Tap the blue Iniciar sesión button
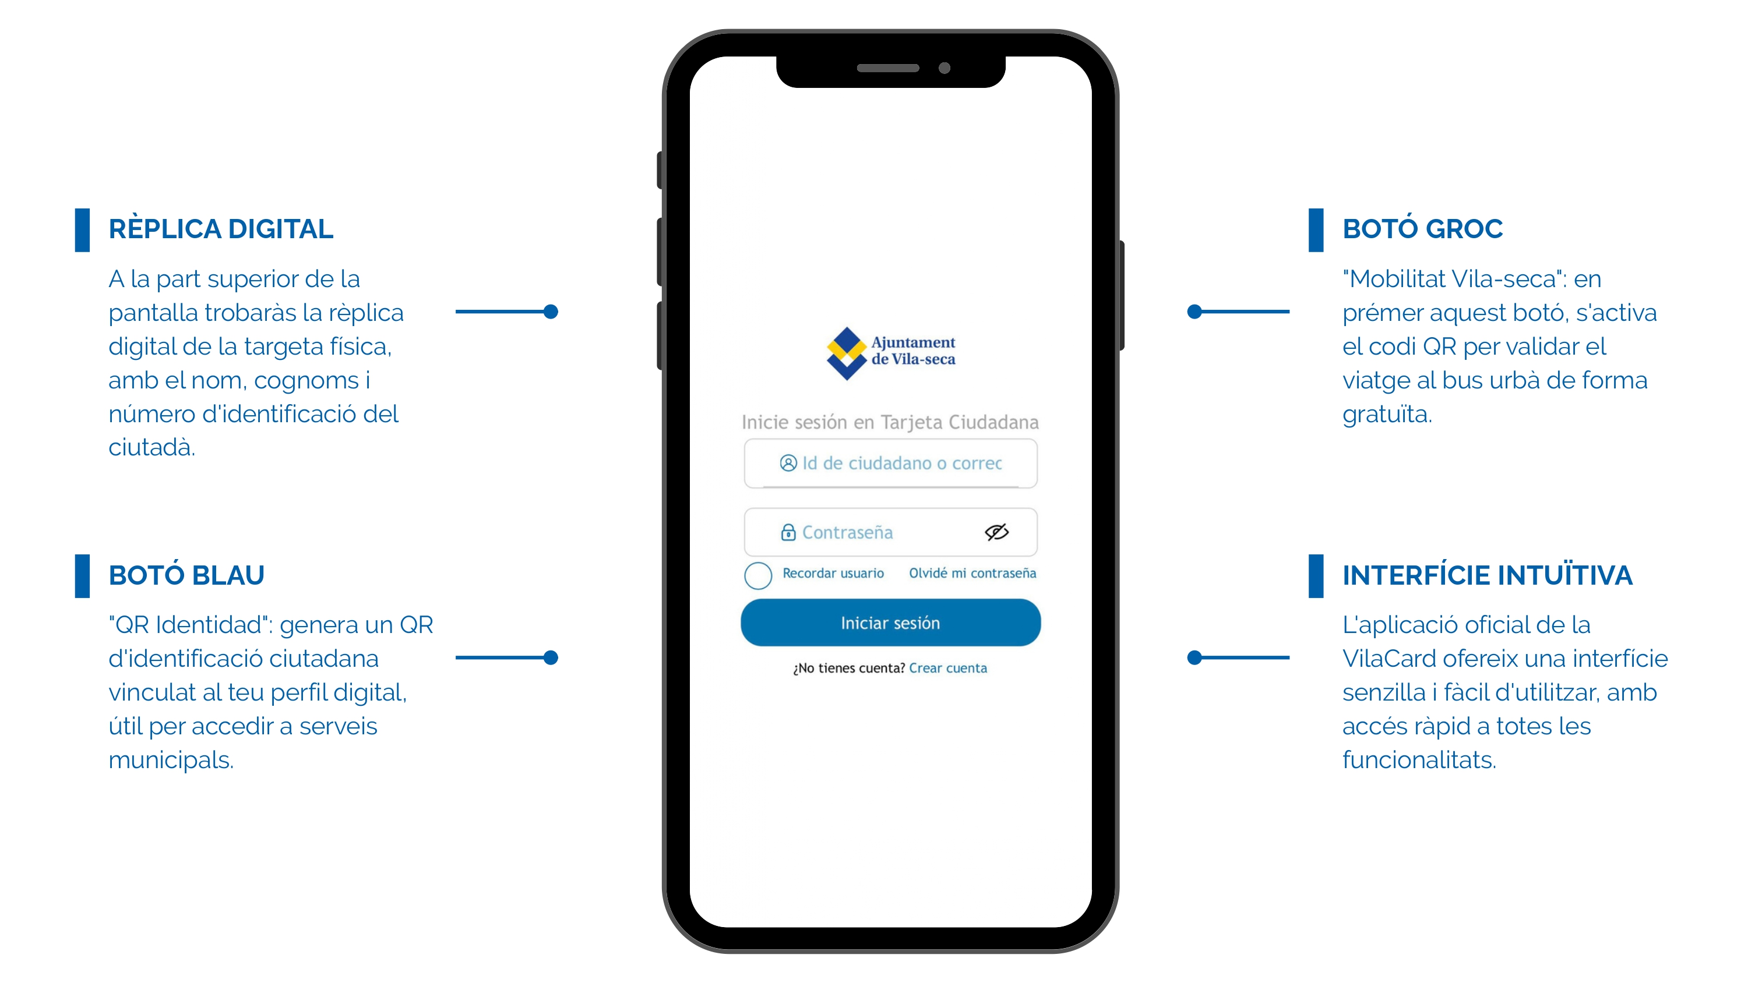tap(890, 622)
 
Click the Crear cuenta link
tap(948, 668)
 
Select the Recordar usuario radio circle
tap(758, 575)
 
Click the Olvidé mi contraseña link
tap(972, 573)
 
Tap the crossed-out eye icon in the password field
tap(997, 532)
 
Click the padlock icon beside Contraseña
tap(788, 532)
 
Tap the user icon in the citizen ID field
tap(788, 462)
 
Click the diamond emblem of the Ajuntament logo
tap(847, 353)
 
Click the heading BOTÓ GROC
tap(1422, 229)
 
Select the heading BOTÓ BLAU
tap(186, 575)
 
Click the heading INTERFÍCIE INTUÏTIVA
tap(1488, 575)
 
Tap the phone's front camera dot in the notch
tap(944, 68)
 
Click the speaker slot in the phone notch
tap(887, 68)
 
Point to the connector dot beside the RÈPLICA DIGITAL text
tap(551, 312)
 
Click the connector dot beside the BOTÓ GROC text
tap(1194, 312)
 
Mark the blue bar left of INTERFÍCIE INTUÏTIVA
tap(1316, 576)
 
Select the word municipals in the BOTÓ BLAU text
tap(171, 761)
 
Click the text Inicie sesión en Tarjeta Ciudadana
tap(890, 422)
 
